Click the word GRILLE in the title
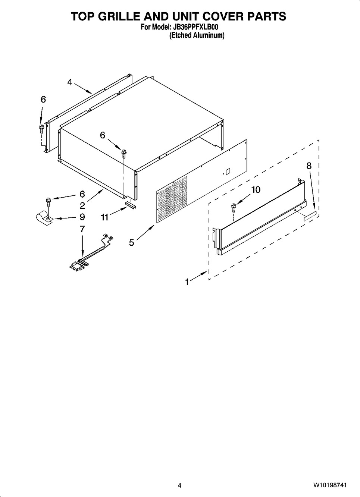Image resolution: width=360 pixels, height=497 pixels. tap(131, 16)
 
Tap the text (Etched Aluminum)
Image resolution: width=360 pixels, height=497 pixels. tap(197, 35)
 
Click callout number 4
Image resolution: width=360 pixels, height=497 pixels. tap(70, 82)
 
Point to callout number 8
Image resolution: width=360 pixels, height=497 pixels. tap(309, 166)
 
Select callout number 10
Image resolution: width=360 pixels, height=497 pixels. tap(256, 190)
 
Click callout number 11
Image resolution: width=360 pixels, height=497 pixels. tap(104, 217)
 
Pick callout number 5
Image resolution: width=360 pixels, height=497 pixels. tap(132, 243)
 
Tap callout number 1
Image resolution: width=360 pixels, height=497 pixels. tap(187, 283)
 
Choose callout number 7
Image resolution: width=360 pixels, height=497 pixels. tap(82, 229)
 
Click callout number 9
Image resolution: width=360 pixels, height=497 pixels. tap(82, 217)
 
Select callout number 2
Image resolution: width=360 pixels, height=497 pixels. tap(82, 206)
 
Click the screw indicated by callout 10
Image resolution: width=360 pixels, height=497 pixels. tap(233, 208)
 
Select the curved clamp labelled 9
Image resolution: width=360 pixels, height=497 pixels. tap(44, 218)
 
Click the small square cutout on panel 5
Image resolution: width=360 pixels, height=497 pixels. tap(228, 171)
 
